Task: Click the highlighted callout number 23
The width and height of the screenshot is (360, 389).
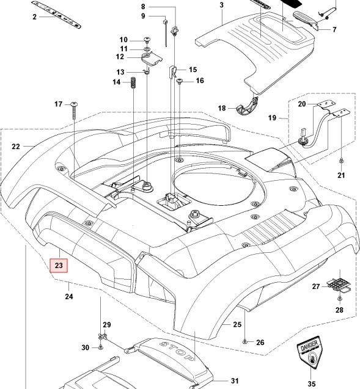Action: pos(59,266)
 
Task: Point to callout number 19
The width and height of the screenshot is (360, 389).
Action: pos(273,117)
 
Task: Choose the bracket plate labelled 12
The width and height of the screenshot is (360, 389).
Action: pos(150,58)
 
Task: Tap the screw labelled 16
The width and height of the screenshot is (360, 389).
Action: pos(180,82)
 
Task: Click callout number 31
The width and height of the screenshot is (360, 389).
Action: pos(234,381)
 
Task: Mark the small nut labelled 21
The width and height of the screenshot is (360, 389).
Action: pos(340,161)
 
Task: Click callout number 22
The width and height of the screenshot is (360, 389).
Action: pos(16,147)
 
